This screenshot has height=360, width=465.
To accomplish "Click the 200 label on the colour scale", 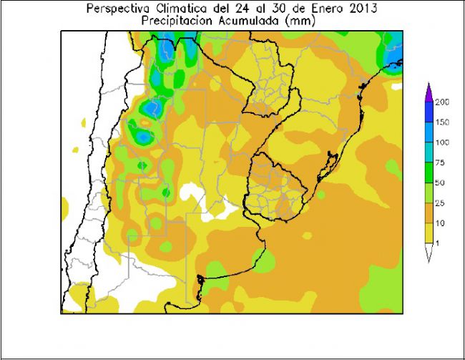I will (x=442, y=102).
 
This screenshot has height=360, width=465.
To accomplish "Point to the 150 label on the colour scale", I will (x=442, y=122).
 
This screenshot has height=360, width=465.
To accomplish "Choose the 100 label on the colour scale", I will (x=442, y=142).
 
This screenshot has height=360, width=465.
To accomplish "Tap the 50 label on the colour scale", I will (x=440, y=183).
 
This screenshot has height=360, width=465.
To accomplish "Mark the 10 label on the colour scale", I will (x=440, y=224).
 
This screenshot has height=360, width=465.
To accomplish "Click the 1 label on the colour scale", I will (x=437, y=244).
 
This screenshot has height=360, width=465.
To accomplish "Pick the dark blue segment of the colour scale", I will (x=429, y=112).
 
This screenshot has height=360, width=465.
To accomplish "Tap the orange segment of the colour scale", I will (x=429, y=213).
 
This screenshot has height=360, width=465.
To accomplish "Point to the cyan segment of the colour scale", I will (x=429, y=152).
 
